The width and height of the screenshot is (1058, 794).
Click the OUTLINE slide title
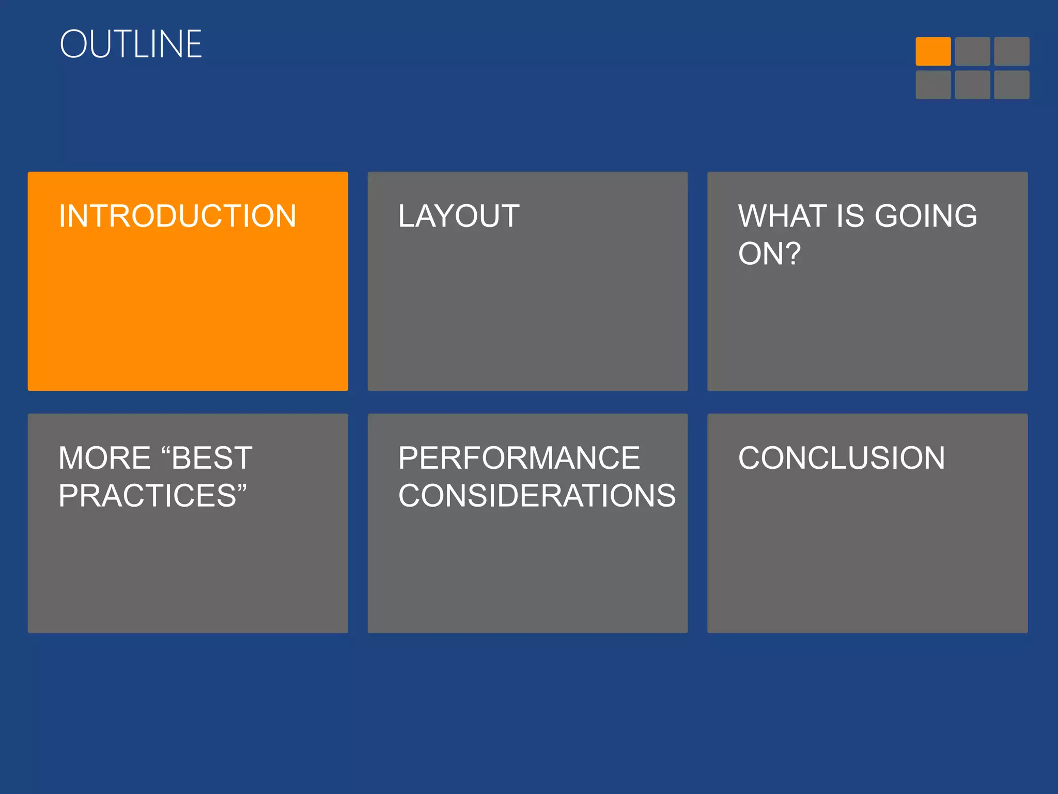click(131, 44)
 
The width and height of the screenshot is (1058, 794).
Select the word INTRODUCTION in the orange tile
click(177, 216)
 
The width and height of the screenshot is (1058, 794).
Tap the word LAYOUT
click(459, 216)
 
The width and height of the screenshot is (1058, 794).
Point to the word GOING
click(926, 216)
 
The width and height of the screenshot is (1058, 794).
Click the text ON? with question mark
click(769, 254)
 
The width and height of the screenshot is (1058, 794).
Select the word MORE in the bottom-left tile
click(104, 458)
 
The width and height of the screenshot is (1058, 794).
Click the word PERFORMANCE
click(519, 458)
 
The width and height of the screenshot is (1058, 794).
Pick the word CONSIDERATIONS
click(537, 496)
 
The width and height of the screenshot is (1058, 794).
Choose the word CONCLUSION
click(842, 458)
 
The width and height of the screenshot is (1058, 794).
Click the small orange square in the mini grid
click(933, 51)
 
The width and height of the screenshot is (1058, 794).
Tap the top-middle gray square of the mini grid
click(972, 51)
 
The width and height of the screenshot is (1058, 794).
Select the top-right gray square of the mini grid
click(1012, 51)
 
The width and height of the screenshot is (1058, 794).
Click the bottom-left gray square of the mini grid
click(933, 85)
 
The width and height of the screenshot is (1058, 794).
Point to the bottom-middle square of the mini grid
click(972, 85)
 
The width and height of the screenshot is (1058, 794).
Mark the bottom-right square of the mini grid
click(1012, 85)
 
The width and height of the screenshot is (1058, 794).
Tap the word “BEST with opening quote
click(207, 458)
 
